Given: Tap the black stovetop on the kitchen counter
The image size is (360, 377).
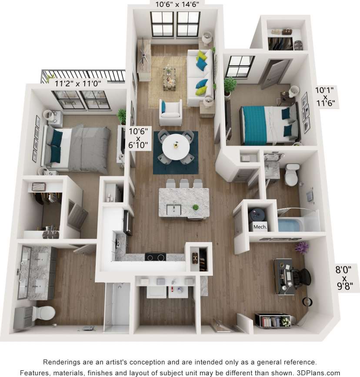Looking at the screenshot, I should click(155, 257).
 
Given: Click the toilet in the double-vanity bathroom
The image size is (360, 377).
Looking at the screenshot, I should click(43, 313).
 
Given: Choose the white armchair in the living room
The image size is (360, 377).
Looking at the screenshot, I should click(170, 113).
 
